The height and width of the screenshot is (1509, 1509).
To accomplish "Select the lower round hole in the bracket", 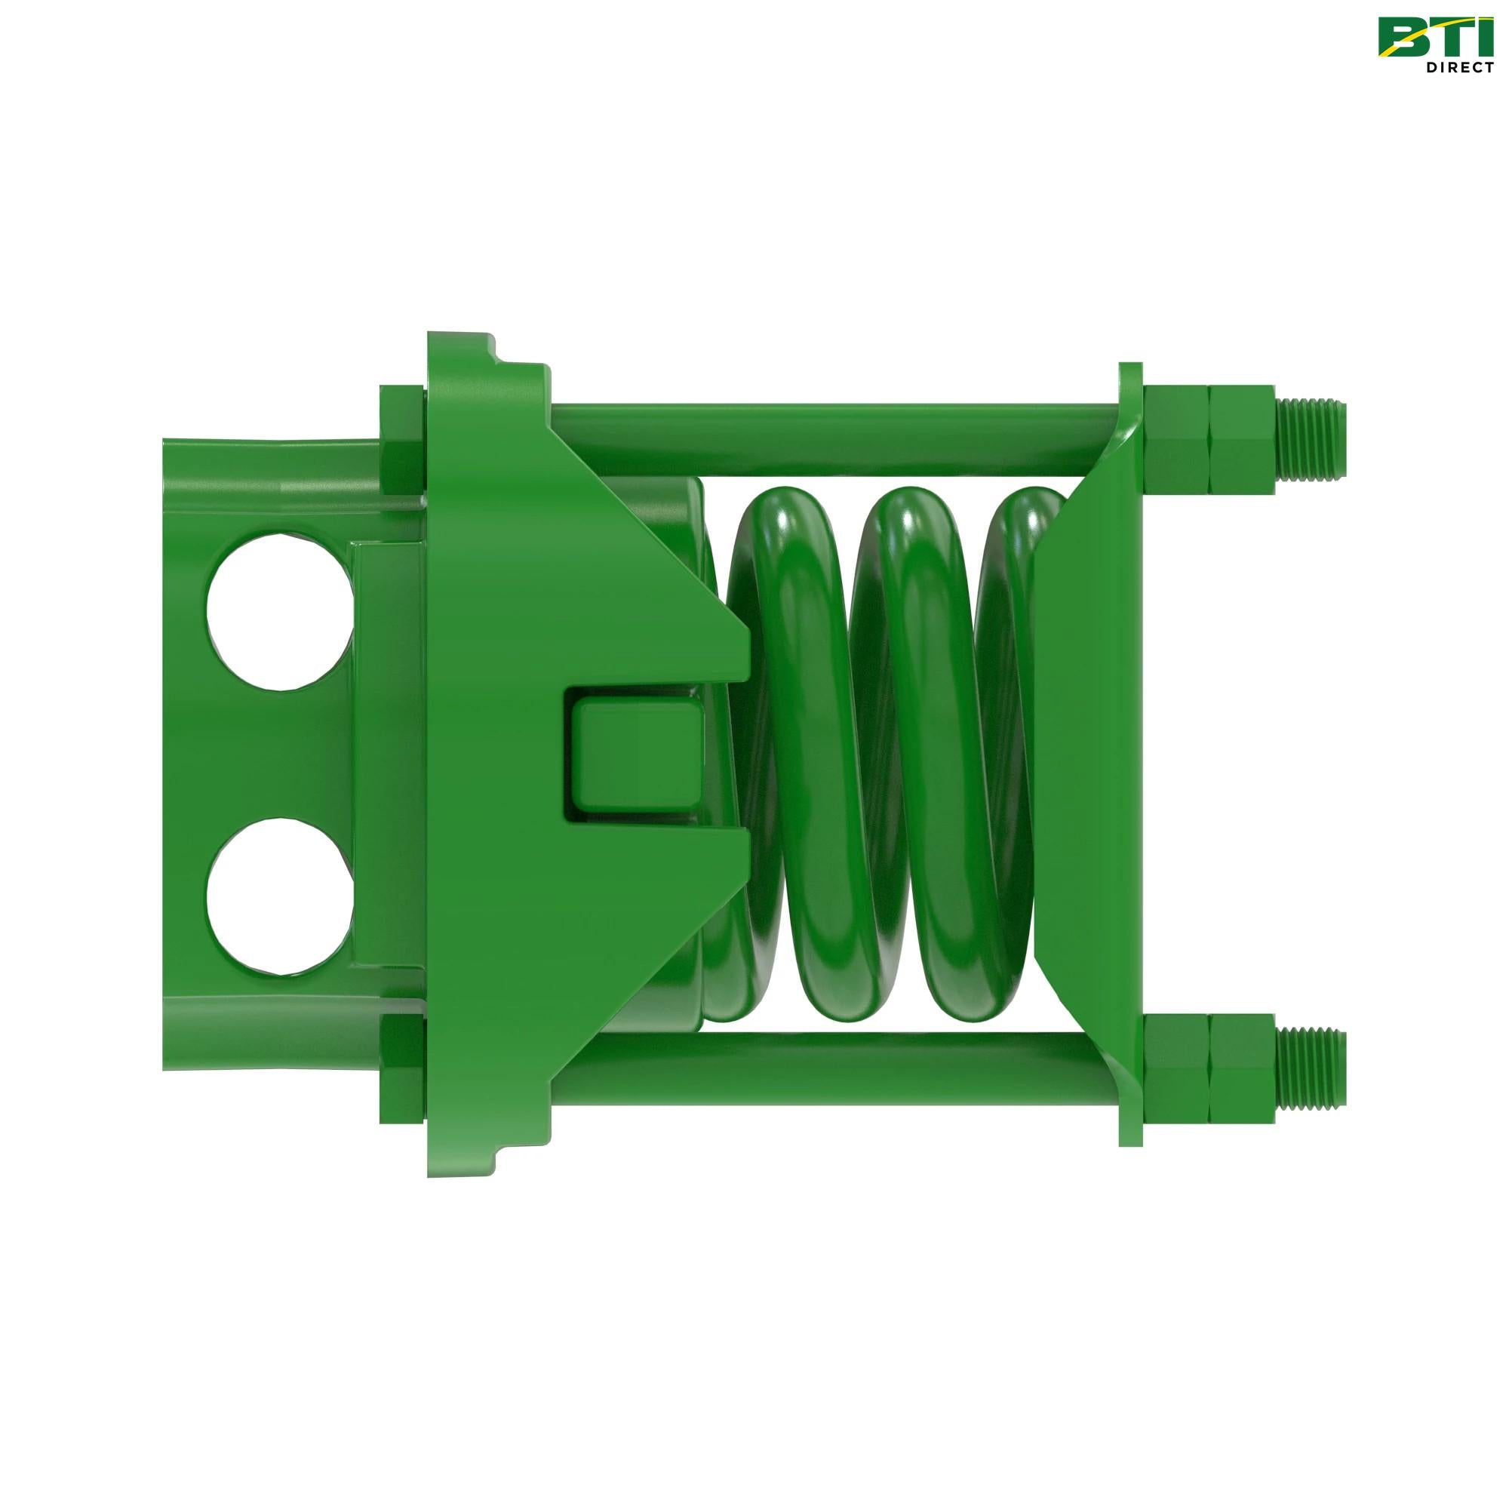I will tap(280, 896).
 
